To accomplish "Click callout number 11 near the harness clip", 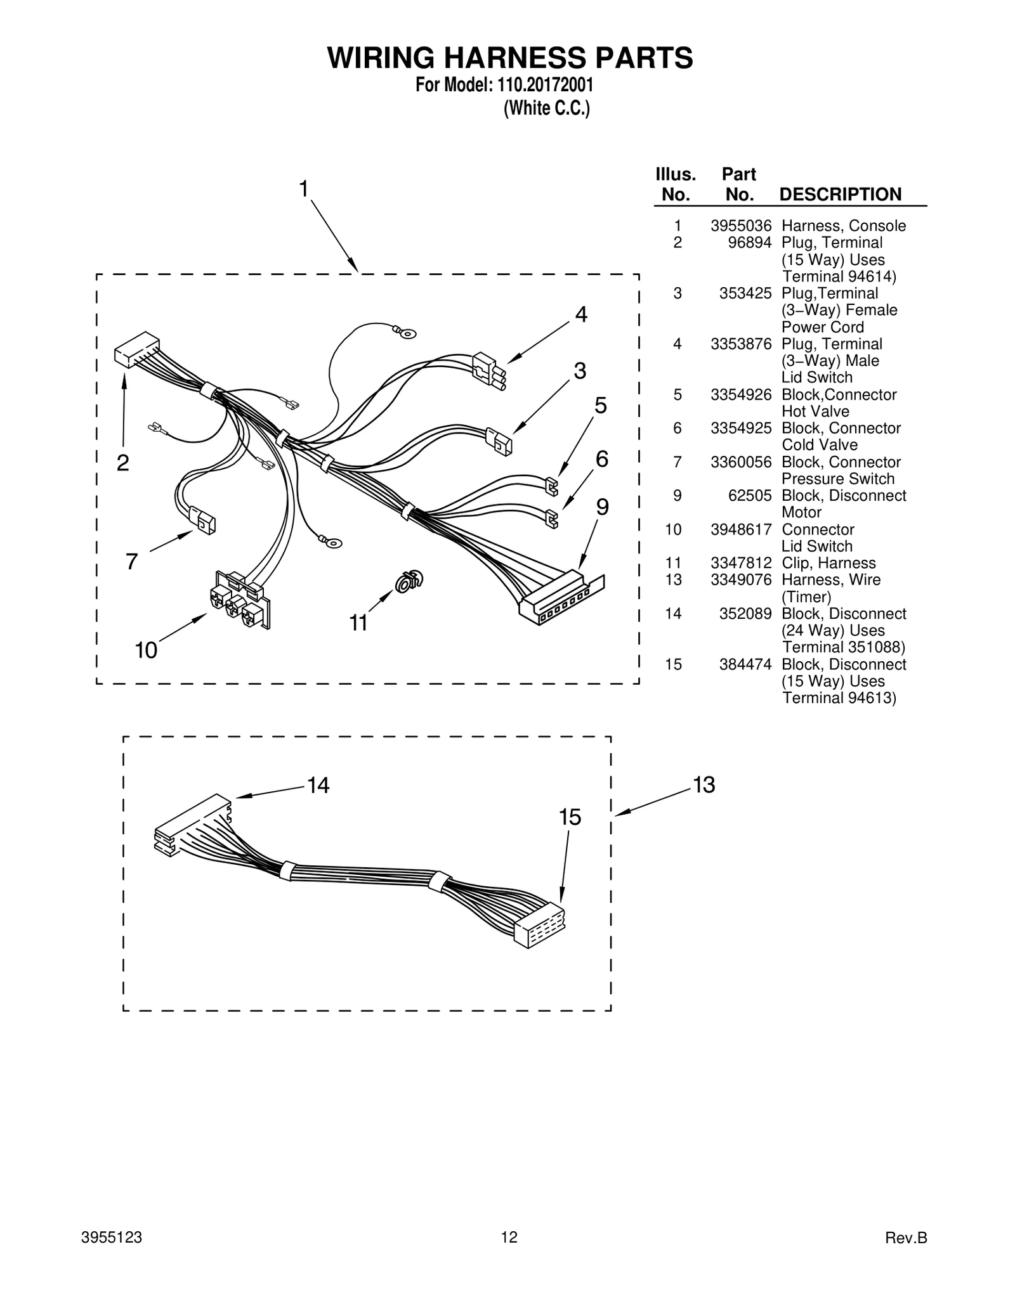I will coord(358,623).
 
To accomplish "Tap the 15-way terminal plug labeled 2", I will coord(136,349).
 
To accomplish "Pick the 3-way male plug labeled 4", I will coord(489,370).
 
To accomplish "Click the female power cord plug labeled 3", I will coord(500,442).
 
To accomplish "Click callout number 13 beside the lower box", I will coord(704,785).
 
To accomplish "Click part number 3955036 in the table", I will coord(740,226).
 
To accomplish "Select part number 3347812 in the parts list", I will coord(740,563).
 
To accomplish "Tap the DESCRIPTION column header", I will coord(840,195).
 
